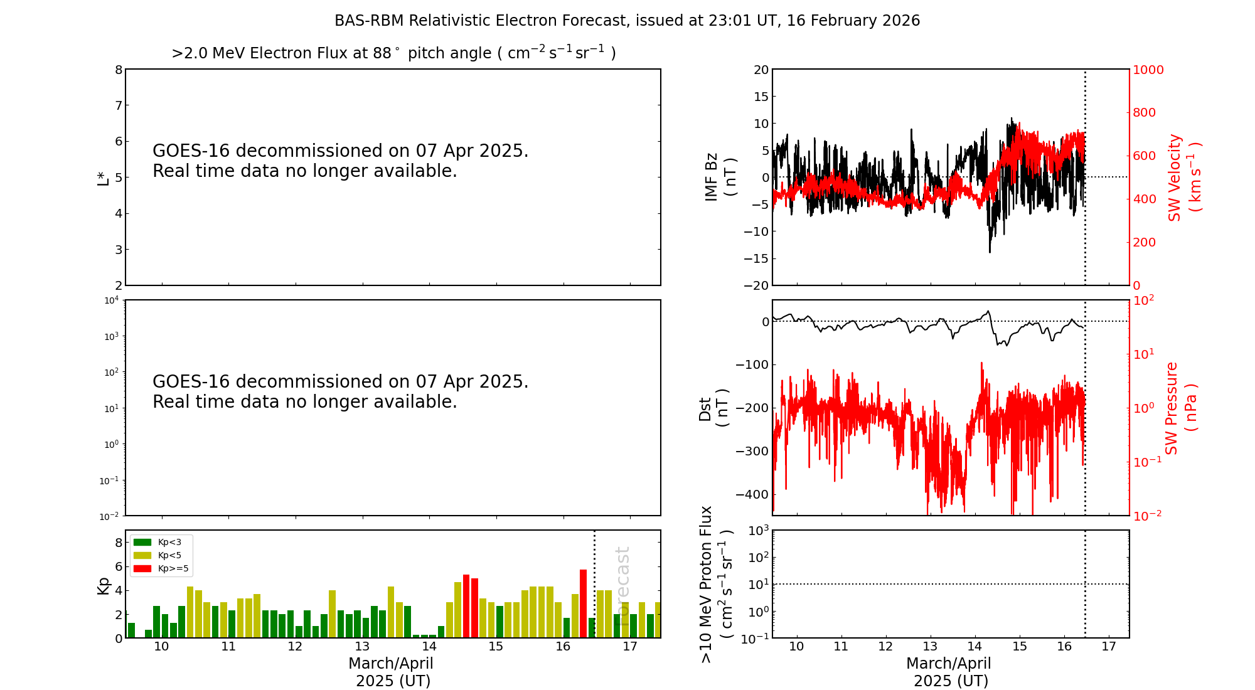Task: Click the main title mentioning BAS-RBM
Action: point(627,21)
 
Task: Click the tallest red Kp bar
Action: point(584,602)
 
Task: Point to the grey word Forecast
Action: point(622,577)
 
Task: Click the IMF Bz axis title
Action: point(720,177)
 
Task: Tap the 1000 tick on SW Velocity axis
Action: point(1148,70)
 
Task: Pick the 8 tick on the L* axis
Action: point(119,70)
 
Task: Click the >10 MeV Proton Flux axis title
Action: point(716,584)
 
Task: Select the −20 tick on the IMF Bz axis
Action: point(756,285)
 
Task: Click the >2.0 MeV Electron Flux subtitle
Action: point(393,53)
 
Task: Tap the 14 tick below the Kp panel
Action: point(429,647)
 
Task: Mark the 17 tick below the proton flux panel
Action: point(1109,647)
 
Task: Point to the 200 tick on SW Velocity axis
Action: point(1144,242)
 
